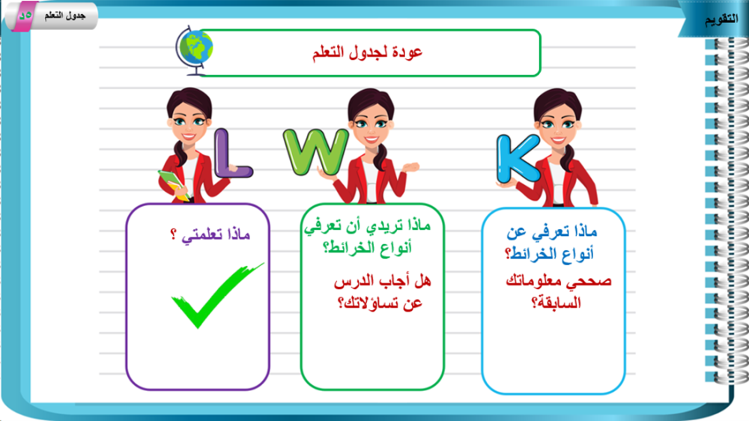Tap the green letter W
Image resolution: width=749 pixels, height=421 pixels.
316,151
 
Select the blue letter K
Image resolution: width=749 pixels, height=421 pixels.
517,159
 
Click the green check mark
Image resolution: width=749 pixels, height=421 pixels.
217,295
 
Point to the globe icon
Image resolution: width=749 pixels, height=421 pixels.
194,50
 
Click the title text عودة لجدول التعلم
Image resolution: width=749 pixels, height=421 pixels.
367,52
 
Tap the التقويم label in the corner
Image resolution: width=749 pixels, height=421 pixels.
721,19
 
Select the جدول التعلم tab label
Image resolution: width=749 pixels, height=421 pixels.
65,16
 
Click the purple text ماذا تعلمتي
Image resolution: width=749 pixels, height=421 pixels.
216,234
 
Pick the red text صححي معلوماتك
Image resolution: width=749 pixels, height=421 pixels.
559,281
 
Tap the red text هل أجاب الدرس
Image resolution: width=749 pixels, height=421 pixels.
382,281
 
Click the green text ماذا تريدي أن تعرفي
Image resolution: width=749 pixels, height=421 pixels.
367,225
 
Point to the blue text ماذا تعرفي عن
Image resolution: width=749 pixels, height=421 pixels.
552,232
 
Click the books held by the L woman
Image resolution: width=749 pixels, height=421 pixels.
173,184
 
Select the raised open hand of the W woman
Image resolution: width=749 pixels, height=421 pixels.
410,167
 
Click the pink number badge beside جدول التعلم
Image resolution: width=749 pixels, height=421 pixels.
24,16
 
